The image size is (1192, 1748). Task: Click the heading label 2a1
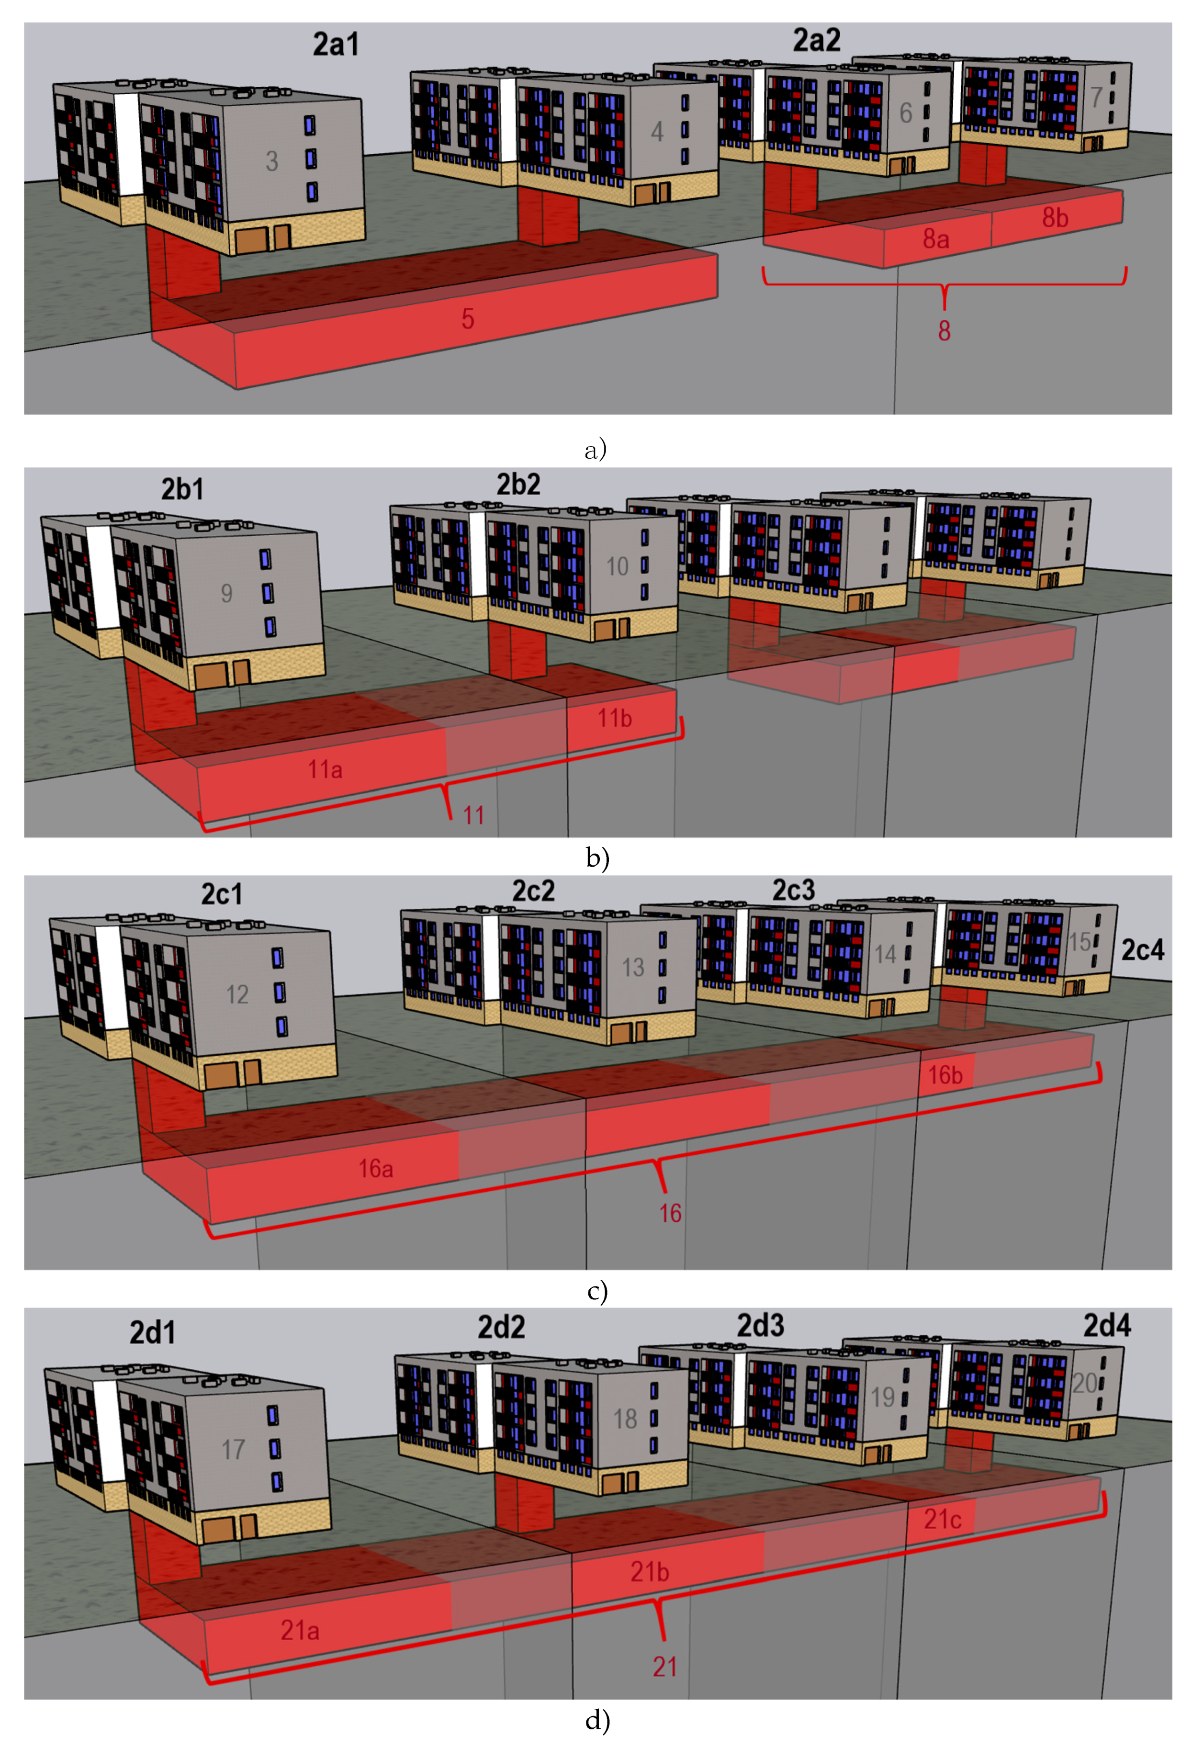[x=336, y=45]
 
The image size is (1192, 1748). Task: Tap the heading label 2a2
[x=817, y=40]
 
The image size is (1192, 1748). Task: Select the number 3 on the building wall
[x=271, y=161]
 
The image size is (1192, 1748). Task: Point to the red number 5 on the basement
[x=467, y=319]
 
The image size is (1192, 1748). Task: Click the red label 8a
[x=935, y=239]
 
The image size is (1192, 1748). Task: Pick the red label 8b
[x=1055, y=218]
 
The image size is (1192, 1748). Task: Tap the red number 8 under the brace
[x=944, y=331]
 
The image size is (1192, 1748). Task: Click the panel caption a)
[x=595, y=450]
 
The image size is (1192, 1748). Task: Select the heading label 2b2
[x=518, y=485]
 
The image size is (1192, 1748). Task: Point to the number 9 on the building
[x=226, y=594]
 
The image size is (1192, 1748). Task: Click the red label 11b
[x=614, y=718]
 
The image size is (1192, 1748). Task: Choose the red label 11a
[x=325, y=769]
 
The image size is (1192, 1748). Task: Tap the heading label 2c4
[x=1142, y=950]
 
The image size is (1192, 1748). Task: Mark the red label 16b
[x=945, y=1076]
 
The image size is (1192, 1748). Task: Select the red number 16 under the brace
[x=670, y=1213]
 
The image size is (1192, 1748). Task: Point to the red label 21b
[x=649, y=1571]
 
